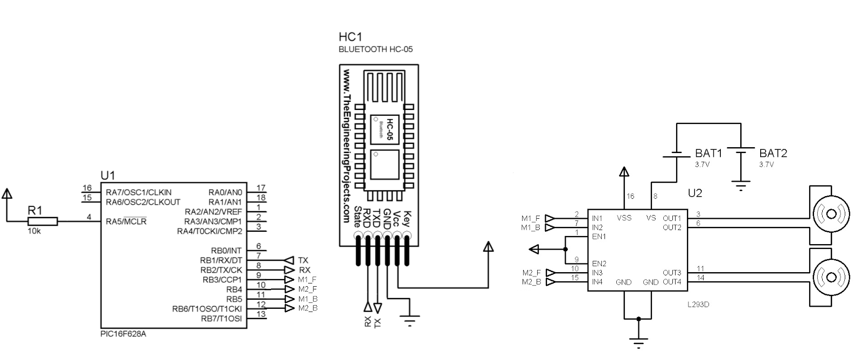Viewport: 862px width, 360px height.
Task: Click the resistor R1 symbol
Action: [43, 221]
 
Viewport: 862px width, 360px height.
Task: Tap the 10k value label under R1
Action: [34, 231]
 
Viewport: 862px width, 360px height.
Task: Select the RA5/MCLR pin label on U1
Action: [126, 221]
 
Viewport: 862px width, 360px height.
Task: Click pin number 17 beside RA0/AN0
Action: [261, 188]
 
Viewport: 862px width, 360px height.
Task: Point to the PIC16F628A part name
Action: [123, 334]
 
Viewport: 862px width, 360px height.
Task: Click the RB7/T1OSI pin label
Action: [221, 319]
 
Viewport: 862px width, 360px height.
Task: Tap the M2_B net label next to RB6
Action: [308, 308]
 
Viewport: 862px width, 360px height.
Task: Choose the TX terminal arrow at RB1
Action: [289, 260]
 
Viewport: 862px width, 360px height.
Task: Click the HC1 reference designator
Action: [350, 37]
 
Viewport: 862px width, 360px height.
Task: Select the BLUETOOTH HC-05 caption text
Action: [376, 49]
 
